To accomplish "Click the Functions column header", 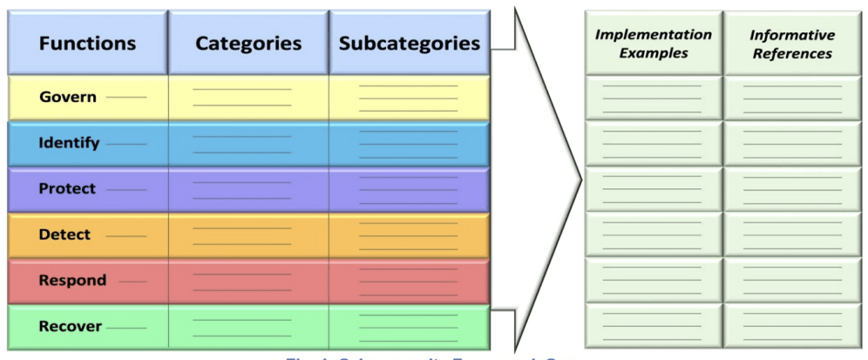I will coord(87,43).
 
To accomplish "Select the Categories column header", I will coord(248,43).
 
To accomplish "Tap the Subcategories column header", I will coord(409,43).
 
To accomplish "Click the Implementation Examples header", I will coord(653,44).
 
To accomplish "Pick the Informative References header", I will coord(791,44).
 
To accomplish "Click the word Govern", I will coord(66,97).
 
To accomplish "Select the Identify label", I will coord(69,143).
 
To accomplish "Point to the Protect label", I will coord(68,188).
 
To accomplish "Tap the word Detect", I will coord(64,234).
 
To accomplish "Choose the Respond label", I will coord(72,281).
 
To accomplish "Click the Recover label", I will coord(70,327).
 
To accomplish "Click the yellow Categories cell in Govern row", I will coord(248,98).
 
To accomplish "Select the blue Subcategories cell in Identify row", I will coord(409,143).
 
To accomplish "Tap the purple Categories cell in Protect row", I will coord(248,189).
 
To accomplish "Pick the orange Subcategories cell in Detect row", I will coord(409,235).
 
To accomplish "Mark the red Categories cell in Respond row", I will coord(248,282).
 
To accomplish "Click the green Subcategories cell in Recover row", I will coord(409,328).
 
